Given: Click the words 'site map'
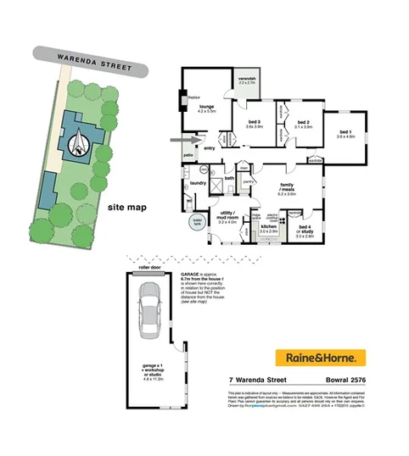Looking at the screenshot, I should coord(126,207).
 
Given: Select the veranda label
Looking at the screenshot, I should coord(246,81).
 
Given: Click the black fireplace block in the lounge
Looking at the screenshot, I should coord(185,100).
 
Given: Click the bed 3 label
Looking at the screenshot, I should coord(255,124).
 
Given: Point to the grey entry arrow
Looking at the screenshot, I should coord(182,139).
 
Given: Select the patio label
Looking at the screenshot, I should coord(190,156).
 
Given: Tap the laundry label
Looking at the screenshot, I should coord(199,183).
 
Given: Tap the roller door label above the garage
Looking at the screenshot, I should coord(148,265).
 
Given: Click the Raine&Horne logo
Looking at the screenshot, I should coord(319,356).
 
